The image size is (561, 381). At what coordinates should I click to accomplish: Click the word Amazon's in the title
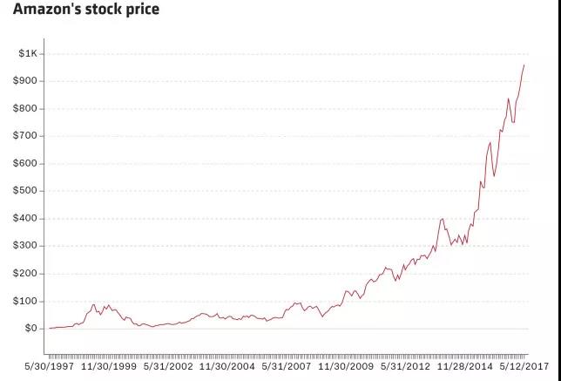tap(41, 10)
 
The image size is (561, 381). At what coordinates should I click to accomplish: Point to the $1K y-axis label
tap(28, 54)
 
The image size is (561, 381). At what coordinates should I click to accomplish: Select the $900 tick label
tap(26, 81)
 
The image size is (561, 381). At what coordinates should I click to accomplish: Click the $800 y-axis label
tap(26, 109)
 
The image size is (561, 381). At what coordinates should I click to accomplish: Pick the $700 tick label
tap(26, 136)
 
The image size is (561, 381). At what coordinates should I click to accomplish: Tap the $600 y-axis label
tap(26, 164)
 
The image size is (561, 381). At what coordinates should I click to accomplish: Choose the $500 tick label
tap(26, 191)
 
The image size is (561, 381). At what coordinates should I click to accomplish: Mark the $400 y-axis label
tap(26, 219)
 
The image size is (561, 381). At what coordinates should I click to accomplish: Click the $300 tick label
tap(26, 246)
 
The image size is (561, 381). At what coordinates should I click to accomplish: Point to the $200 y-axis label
tap(26, 274)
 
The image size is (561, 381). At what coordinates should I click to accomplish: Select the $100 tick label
tap(26, 301)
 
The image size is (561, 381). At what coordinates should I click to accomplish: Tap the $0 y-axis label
tap(31, 329)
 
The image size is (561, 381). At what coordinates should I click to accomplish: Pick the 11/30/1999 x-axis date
tap(108, 367)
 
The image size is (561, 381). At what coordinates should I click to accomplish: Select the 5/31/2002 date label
tap(168, 367)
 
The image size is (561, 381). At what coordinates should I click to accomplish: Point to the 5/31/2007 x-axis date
tap(286, 367)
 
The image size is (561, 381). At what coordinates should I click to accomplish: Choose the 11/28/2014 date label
tap(464, 367)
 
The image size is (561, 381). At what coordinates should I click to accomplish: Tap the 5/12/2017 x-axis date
tap(524, 367)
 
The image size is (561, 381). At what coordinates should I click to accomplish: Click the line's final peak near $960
tap(524, 65)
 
